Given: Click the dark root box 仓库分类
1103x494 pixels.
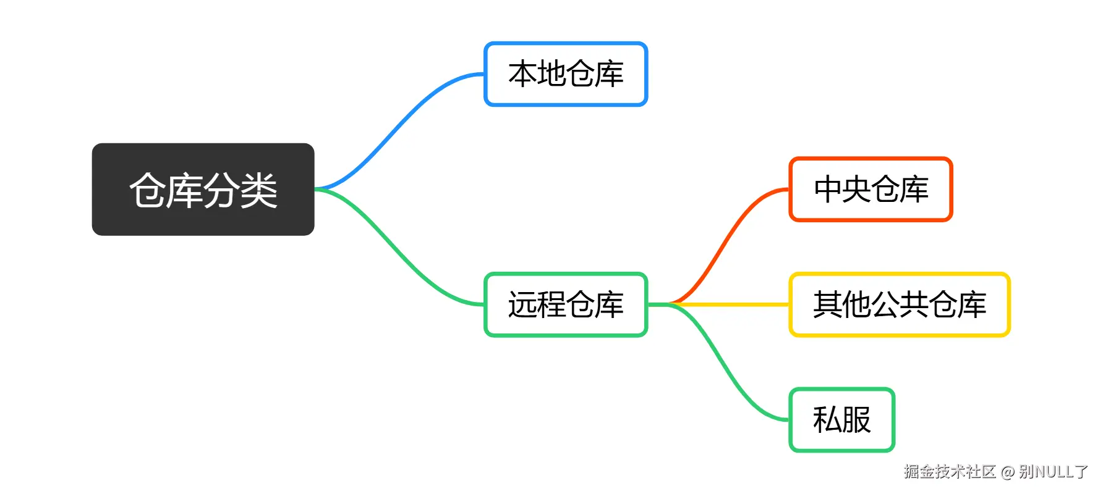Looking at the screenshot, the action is [x=203, y=190].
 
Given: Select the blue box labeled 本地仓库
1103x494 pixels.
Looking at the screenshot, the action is [x=566, y=74].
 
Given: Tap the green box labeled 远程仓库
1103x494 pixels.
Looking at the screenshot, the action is [x=566, y=304].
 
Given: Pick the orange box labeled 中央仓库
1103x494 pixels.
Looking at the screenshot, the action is [x=871, y=189].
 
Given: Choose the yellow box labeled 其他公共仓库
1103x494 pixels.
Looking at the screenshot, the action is [x=900, y=304].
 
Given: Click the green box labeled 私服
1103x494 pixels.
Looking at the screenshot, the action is [x=842, y=420].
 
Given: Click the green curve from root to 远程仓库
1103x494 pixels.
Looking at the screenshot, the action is [x=399, y=247].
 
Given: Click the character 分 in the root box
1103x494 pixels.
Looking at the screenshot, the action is [x=222, y=190].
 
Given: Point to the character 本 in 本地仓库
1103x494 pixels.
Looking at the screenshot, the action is [x=522, y=74].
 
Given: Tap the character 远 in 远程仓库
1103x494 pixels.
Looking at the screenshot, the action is [x=522, y=304].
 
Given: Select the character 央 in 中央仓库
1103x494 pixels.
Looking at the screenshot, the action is [x=857, y=189].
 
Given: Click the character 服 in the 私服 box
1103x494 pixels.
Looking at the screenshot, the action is [x=856, y=420].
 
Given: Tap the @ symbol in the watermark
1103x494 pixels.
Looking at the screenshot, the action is [x=1008, y=472].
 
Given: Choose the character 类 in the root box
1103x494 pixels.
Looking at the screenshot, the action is [x=259, y=190].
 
